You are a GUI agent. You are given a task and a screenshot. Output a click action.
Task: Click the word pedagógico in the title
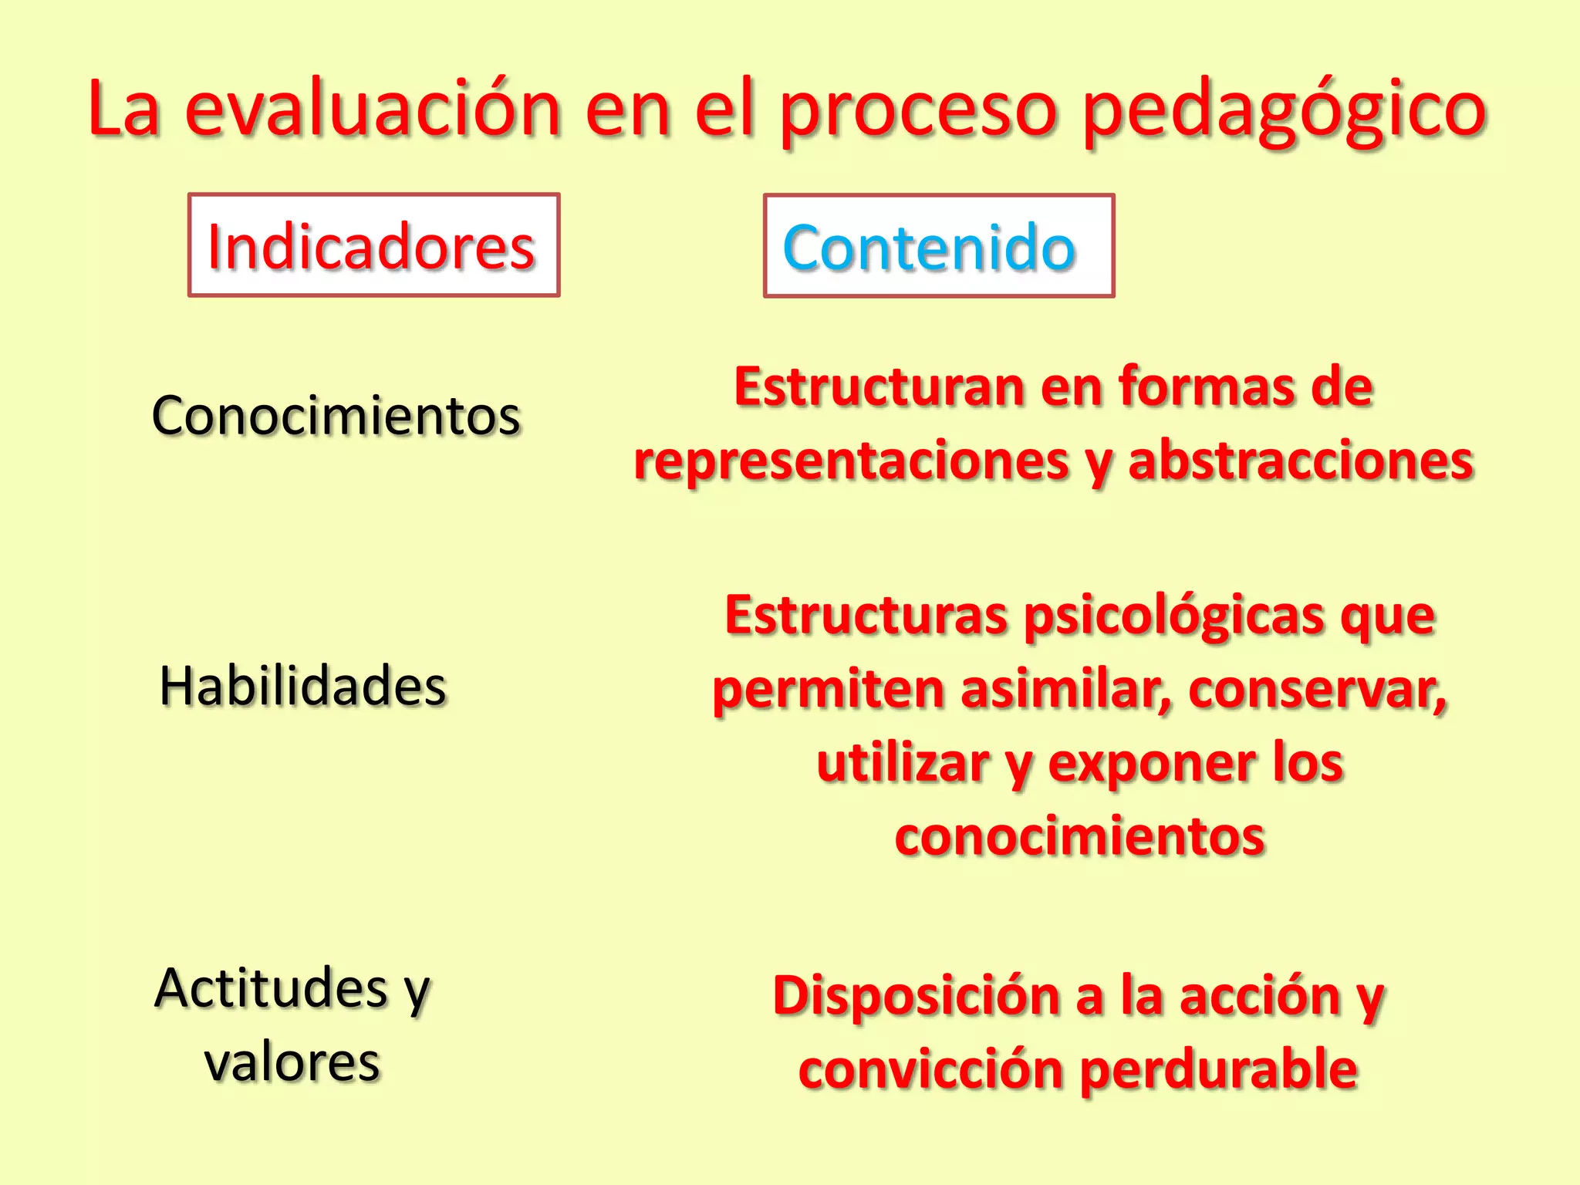1285,112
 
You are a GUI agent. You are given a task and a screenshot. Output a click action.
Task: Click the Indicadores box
373,245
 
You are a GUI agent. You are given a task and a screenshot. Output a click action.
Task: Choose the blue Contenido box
938,246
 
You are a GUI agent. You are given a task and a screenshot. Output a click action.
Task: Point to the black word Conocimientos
336,416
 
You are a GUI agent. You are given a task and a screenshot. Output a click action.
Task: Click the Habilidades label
303,686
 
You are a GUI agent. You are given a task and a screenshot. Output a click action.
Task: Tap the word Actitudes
271,988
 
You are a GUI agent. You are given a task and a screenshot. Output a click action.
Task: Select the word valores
292,1062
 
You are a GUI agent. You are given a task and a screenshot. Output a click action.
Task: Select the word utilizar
903,763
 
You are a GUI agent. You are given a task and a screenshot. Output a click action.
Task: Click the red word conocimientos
1080,836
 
